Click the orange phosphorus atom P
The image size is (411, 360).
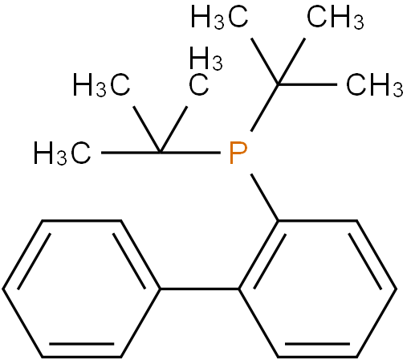point(238,153)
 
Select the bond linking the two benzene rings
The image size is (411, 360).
point(199,289)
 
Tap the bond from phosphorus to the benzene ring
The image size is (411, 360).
point(265,198)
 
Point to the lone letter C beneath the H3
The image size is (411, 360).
point(198,85)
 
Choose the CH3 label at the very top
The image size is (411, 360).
point(336,18)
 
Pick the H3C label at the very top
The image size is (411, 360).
point(219,18)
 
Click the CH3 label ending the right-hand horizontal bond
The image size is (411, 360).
point(375,85)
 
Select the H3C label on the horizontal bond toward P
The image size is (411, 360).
point(62,153)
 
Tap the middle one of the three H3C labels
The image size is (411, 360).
point(101,85)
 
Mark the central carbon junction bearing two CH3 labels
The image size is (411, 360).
point(279,84)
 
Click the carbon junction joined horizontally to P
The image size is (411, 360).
point(160,153)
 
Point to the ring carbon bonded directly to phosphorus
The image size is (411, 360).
point(279,221)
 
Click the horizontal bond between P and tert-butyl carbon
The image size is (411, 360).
point(190,153)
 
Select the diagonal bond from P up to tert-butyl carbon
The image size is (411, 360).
point(264,108)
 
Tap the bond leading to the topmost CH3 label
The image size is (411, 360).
point(291,62)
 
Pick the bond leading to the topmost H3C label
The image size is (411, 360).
point(265,62)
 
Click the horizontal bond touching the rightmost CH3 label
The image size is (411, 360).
point(307,84)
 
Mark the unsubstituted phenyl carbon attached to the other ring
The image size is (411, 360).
point(160,289)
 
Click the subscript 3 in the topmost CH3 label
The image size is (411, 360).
point(359,22)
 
